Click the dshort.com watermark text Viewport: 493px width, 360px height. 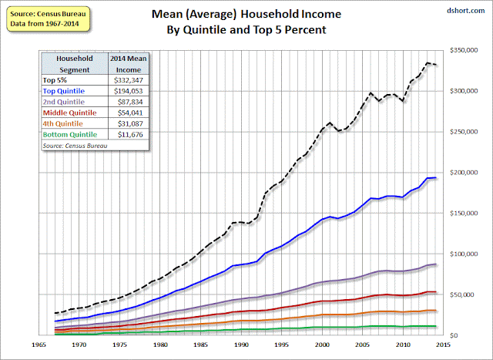pos(465,11)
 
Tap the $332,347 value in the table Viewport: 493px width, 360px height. pos(129,80)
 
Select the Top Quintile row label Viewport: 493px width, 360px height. pos(63,91)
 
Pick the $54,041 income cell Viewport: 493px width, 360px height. pos(130,113)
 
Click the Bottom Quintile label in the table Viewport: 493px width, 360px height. pos(70,134)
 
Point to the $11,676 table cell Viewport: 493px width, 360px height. pos(130,135)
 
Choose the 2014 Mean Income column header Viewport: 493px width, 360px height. pos(129,64)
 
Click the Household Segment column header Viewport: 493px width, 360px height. pos(75,64)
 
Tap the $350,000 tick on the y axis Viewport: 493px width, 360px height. pos(464,50)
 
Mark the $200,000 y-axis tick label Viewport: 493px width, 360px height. pos(464,173)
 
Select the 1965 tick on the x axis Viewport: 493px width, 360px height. pos(39,345)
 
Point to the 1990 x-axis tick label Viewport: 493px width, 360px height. pos(241,345)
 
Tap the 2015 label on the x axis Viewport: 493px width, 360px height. pos(444,345)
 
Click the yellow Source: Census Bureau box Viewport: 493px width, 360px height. pos(48,19)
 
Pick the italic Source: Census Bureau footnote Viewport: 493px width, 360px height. pos(75,146)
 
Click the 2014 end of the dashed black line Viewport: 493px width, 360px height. pos(435,65)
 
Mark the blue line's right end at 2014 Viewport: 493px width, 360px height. pos(435,178)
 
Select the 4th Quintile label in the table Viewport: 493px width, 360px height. pos(62,123)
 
